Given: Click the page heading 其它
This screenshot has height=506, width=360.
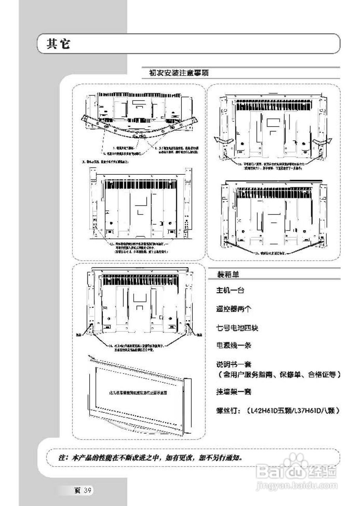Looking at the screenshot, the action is (58, 44).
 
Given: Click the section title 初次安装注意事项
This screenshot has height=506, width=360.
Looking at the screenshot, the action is (179, 73).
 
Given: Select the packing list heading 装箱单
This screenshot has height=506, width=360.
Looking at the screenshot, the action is (228, 274).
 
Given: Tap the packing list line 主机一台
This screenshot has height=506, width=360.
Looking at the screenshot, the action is (230, 291).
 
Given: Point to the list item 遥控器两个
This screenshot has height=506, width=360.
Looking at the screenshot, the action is (233, 309).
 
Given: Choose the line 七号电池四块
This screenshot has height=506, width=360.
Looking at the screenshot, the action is (237, 328).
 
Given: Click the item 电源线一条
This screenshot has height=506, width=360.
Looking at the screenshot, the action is (233, 345).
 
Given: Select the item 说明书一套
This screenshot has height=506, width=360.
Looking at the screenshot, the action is (233, 364).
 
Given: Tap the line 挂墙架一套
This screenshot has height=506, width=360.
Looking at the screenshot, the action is (233, 392).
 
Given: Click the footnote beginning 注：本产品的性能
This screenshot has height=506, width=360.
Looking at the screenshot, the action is (150, 458).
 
